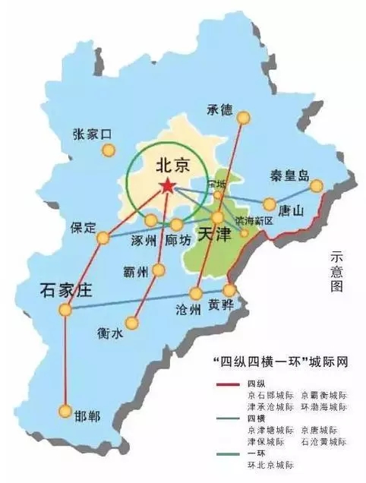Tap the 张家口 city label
[92, 134]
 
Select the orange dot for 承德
[244, 118]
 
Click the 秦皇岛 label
[289, 177]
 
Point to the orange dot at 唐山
[270, 204]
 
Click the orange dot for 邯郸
[65, 411]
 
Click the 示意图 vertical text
[336, 273]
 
